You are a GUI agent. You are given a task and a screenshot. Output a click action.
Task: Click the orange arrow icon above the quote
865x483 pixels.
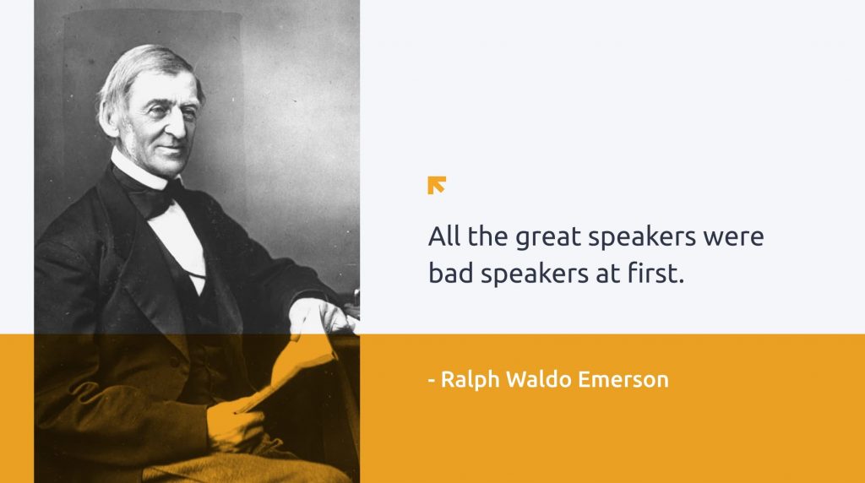pos(437,185)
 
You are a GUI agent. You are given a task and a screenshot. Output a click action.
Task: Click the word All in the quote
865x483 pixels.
pos(444,236)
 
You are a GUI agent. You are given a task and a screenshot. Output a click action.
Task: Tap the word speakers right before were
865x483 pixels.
pos(642,238)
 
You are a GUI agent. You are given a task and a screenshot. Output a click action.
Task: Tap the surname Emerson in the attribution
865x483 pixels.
pos(623,380)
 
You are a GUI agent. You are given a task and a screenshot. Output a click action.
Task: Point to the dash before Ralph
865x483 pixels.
pos(432,380)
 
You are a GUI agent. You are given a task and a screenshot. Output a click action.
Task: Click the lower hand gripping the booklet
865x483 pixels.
pos(236,425)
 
